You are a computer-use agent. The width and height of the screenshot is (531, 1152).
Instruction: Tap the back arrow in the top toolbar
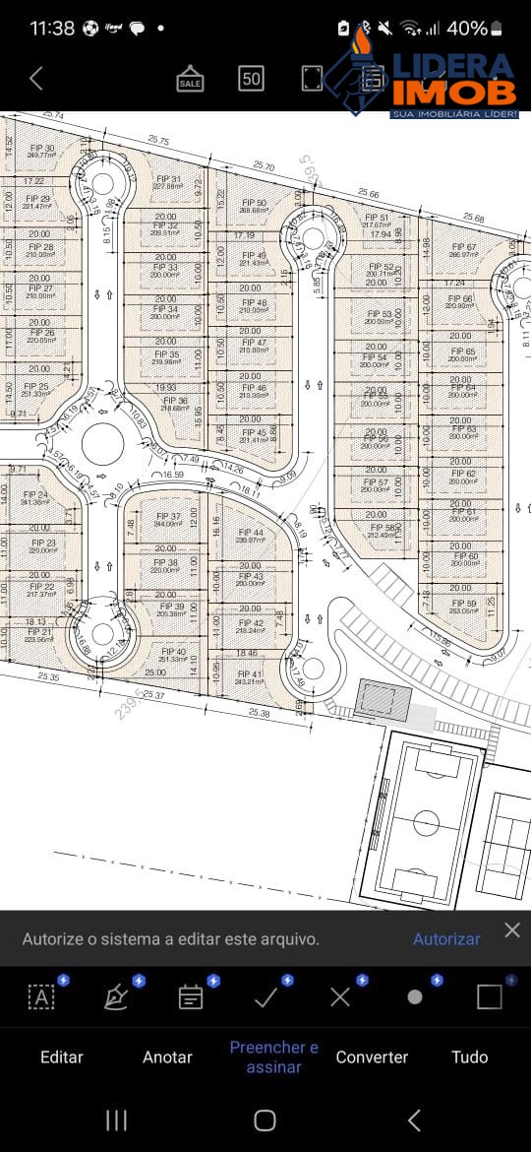pyautogui.click(x=36, y=79)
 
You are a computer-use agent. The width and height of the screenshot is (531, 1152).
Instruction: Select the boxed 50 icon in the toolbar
pyautogui.click(x=251, y=79)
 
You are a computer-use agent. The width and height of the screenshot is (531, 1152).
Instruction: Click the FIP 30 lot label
pyautogui.click(x=41, y=151)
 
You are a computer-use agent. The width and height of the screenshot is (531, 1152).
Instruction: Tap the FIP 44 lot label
pyautogui.click(x=251, y=536)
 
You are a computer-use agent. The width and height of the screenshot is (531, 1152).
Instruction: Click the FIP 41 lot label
pyautogui.click(x=250, y=677)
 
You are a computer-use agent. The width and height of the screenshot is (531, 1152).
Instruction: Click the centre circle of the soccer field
pyautogui.click(x=426, y=822)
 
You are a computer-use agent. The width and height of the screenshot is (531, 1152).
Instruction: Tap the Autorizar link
pyautogui.click(x=446, y=939)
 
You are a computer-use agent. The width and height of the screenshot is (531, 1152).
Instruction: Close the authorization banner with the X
pyautogui.click(x=511, y=930)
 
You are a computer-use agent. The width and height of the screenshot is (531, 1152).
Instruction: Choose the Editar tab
pyautogui.click(x=62, y=1056)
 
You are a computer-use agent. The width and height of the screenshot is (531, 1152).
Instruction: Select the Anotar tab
pyautogui.click(x=167, y=1056)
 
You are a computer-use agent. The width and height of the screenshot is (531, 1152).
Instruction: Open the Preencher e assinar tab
pyautogui.click(x=273, y=1056)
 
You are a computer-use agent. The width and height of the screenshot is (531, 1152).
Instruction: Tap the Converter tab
pyautogui.click(x=372, y=1056)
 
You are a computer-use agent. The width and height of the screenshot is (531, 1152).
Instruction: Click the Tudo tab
pyautogui.click(x=469, y=1056)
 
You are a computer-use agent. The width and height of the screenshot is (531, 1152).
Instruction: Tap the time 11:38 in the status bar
pyautogui.click(x=52, y=29)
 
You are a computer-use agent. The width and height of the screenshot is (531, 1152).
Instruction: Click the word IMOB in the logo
pyautogui.click(x=454, y=94)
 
